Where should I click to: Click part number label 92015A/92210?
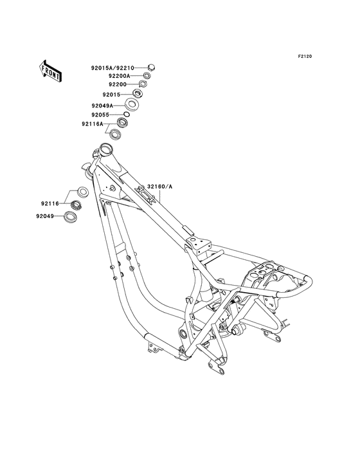click(113, 66)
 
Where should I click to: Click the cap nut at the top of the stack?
click(150, 66)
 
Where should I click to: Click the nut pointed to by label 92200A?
click(147, 76)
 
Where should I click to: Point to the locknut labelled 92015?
click(138, 95)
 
